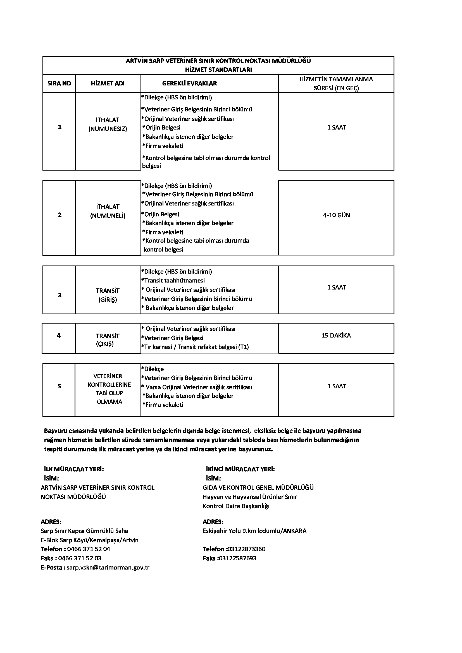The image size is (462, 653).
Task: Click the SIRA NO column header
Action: pyautogui.click(x=59, y=83)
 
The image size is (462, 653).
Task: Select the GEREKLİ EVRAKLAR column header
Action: pyautogui.click(x=189, y=83)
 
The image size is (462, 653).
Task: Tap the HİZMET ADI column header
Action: pyautogui.click(x=108, y=83)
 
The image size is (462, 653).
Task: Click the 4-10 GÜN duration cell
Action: pyautogui.click(x=336, y=215)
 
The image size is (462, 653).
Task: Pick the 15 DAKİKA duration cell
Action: pyautogui.click(x=336, y=336)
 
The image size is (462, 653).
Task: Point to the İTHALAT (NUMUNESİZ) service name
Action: pyautogui.click(x=108, y=124)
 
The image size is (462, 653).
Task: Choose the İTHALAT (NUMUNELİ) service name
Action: pyautogui.click(x=108, y=211)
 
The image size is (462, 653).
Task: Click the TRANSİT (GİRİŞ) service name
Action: pyautogui.click(x=108, y=295)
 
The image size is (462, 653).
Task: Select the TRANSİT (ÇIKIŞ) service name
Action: pyautogui.click(x=108, y=340)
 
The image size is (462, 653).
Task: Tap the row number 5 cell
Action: pyautogui.click(x=59, y=386)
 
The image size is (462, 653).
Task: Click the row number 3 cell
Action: pyautogui.click(x=60, y=295)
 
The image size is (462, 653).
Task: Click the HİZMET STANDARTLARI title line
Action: pyautogui.click(x=218, y=70)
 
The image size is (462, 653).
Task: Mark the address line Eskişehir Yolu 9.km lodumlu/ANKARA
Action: pyautogui.click(x=254, y=531)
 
